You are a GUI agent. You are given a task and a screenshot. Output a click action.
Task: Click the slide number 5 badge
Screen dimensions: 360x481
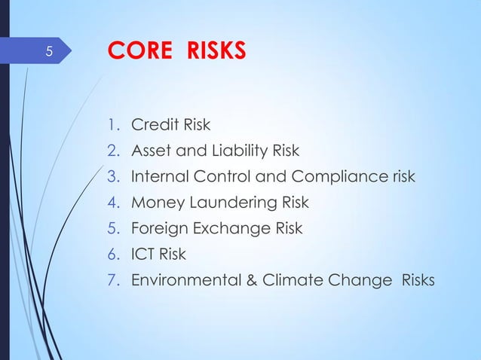48,52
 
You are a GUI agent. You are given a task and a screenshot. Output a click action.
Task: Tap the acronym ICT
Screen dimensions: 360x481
143,255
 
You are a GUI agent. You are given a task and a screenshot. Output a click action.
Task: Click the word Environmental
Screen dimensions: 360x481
184,281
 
